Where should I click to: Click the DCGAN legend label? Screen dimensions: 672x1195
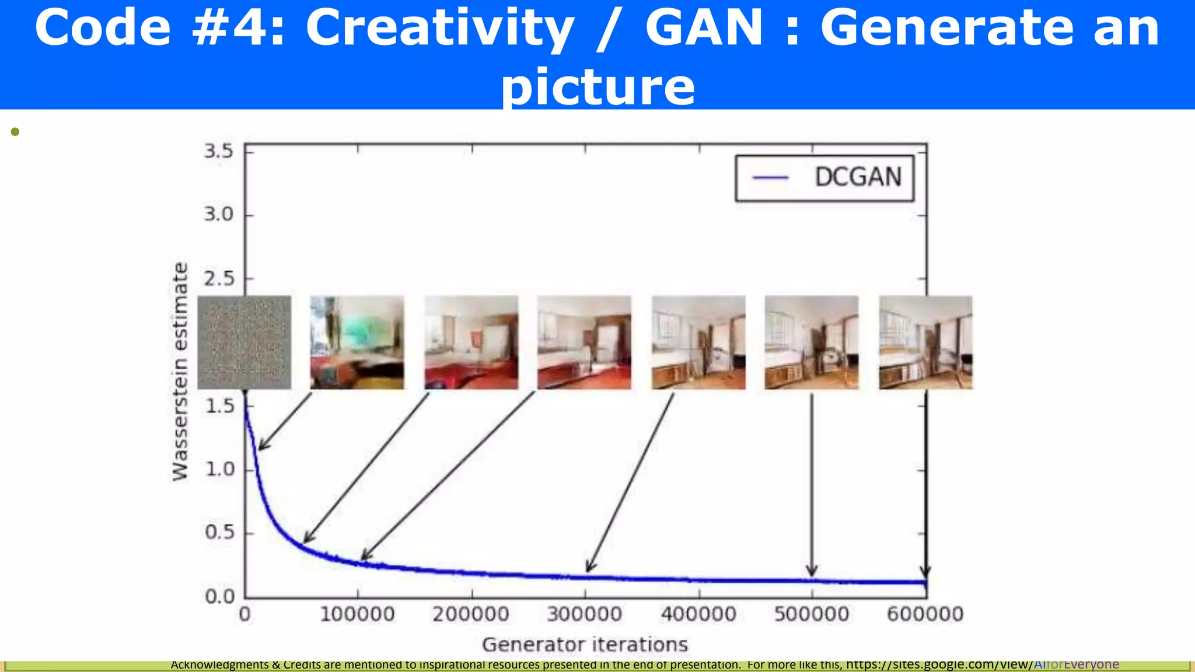[x=858, y=177]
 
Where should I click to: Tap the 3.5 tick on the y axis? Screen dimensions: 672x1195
[x=218, y=152]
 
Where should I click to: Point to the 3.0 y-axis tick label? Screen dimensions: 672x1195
[x=218, y=215]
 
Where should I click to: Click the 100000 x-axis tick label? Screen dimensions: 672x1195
[x=357, y=614]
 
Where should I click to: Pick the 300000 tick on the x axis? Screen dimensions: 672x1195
[x=584, y=614]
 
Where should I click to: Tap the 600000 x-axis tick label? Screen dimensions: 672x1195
[x=925, y=614]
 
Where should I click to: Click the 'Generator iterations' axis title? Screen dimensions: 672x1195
[x=585, y=645]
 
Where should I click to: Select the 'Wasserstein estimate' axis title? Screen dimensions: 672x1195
[x=180, y=372]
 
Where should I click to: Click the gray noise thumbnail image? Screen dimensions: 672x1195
[x=244, y=342]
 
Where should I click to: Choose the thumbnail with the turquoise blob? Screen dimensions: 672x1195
[x=357, y=342]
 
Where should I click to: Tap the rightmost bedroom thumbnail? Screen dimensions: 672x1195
[x=925, y=342]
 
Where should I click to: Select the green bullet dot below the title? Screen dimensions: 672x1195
[x=15, y=132]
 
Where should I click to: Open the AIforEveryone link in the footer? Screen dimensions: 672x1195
[x=1076, y=664]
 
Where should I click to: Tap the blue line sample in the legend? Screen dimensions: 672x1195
[x=770, y=177]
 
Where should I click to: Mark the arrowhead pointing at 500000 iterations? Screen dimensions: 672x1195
[x=812, y=571]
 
